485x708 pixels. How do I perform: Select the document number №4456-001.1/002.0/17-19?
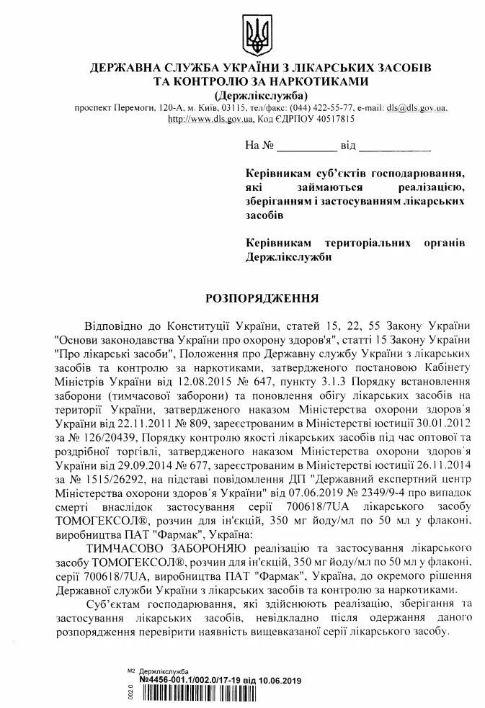tap(190, 681)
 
